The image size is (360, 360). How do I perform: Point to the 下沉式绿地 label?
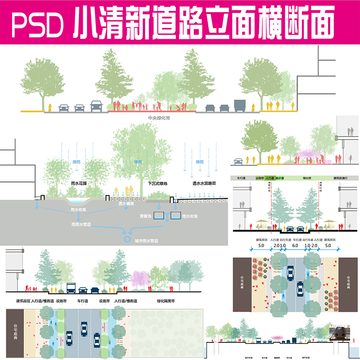(157, 184)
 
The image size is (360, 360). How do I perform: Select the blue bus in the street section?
(71, 288)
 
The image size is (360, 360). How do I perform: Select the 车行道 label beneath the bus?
(82, 301)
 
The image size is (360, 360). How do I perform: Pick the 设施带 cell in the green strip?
(260, 178)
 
